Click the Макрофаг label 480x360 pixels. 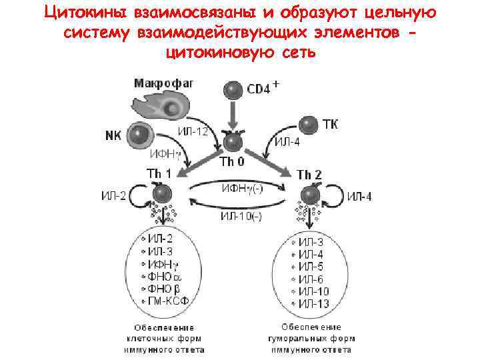coord(163,83)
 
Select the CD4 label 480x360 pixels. coord(259,89)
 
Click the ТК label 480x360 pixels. coord(331,125)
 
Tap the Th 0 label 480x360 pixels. coord(232,162)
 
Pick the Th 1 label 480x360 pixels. coord(159,174)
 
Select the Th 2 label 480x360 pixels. coord(309,174)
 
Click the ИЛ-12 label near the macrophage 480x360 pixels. coord(193,130)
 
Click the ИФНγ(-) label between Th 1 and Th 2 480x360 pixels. coord(242,188)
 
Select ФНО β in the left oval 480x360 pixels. coord(164,288)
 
